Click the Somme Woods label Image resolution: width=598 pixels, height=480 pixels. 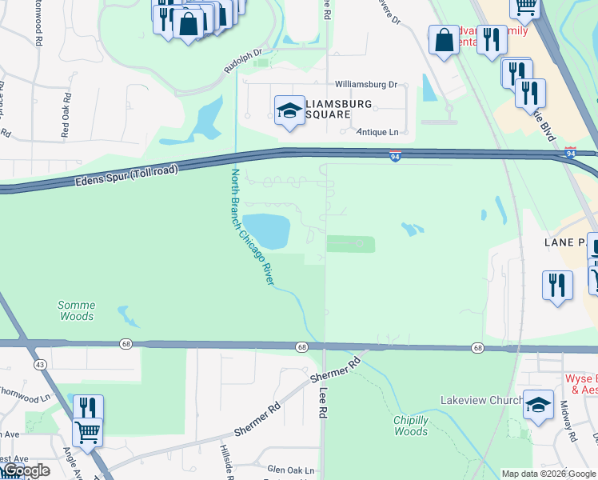click(77, 310)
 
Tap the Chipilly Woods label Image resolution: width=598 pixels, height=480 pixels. click(411, 426)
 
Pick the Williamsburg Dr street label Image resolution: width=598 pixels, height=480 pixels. click(366, 84)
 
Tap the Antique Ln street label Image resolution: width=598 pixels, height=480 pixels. click(377, 132)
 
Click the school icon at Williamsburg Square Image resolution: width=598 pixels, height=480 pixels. click(289, 110)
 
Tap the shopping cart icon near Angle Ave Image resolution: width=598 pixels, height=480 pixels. click(87, 432)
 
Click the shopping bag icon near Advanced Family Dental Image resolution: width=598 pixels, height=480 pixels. click(444, 40)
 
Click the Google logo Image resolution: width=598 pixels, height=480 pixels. click(26, 470)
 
